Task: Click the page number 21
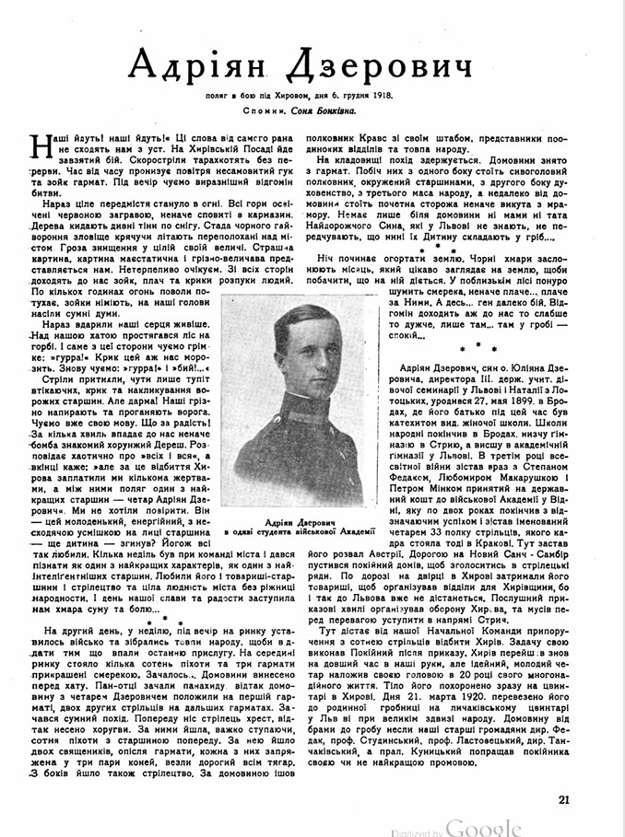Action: tap(566, 800)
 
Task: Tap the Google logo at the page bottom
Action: tap(484, 825)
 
